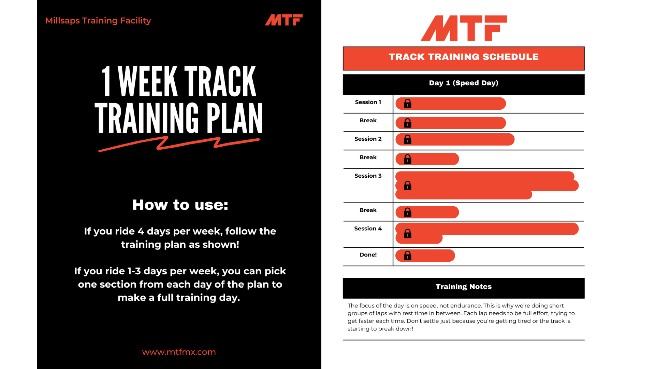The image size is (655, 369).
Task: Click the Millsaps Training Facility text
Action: click(x=98, y=20)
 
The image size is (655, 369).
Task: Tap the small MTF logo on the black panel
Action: click(x=283, y=20)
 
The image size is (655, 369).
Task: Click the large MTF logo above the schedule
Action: click(x=464, y=28)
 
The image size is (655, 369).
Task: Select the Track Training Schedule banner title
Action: click(x=463, y=57)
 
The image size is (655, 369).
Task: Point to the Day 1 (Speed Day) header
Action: click(x=463, y=83)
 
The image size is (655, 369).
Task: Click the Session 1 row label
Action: click(x=368, y=102)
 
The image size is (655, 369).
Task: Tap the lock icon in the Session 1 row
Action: click(x=407, y=104)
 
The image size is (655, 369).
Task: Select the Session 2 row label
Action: click(x=368, y=139)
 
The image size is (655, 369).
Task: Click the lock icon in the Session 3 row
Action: click(x=407, y=186)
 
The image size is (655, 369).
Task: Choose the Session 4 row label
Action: click(x=368, y=229)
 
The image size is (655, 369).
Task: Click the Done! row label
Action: click(x=368, y=255)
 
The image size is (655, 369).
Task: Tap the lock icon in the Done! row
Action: click(x=407, y=256)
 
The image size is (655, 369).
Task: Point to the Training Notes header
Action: click(x=463, y=287)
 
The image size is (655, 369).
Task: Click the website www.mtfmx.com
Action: click(x=179, y=352)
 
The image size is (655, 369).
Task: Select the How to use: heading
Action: click(x=180, y=205)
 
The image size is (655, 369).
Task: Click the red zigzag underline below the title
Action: click(x=179, y=143)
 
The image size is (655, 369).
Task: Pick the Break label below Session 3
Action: click(x=368, y=210)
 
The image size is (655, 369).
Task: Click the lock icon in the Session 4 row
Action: click(x=407, y=234)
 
